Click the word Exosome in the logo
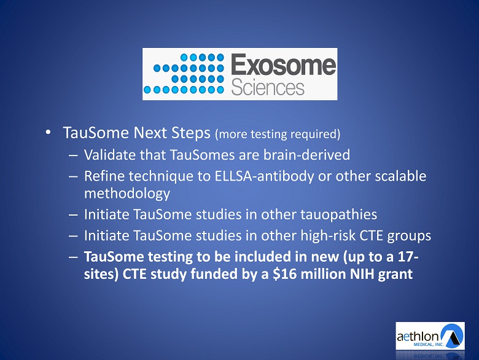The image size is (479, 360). coord(283,64)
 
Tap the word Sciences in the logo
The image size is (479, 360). coord(268,88)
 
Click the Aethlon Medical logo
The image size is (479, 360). coord(430,336)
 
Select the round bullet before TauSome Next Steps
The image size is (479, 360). coord(48,132)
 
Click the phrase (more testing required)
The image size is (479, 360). coord(278,134)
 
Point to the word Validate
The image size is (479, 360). coord(110,155)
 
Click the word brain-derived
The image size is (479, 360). coord(306,155)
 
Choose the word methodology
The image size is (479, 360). coord(127,194)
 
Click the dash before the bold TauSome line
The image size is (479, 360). coord(73,257)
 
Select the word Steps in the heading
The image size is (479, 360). coord(190,133)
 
